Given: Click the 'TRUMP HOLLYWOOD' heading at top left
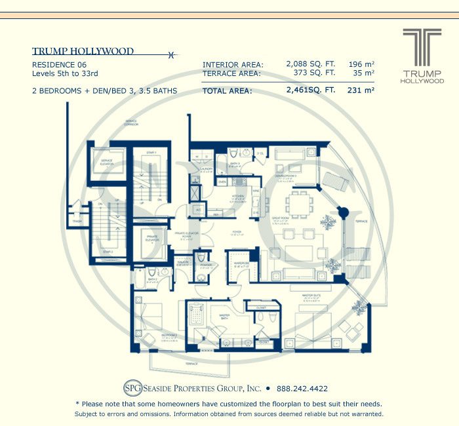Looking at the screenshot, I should [x=83, y=51].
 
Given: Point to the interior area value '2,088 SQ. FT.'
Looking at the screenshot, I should [x=311, y=64].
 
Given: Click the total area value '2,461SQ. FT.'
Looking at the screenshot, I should [x=311, y=90].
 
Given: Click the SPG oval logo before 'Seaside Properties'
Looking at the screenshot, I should [x=134, y=388].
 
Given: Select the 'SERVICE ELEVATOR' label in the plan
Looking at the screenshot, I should [x=106, y=162].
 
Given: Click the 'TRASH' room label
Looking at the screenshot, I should [x=77, y=221].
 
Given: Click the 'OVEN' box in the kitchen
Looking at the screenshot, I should [x=222, y=182].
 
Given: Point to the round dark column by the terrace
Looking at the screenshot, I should [x=342, y=213].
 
